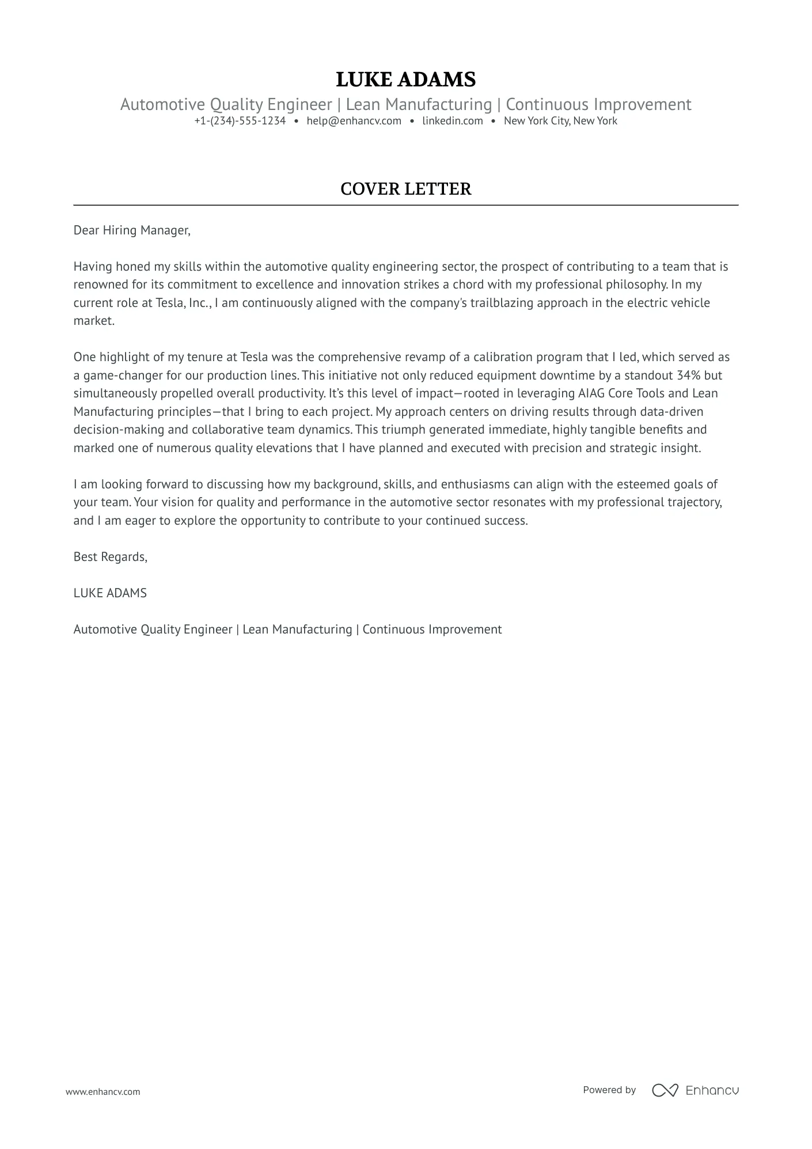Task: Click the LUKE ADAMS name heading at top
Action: tap(405, 79)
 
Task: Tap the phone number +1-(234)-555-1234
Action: tap(240, 121)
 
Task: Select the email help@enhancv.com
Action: tap(354, 121)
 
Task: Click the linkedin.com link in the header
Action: tap(452, 121)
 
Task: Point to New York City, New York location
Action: tap(560, 121)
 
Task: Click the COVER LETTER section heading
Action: tap(405, 189)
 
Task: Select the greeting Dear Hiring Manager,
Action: tap(132, 230)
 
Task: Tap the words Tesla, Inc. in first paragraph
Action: tap(183, 303)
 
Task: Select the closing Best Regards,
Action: tap(111, 557)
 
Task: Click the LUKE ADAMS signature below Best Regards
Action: tap(110, 593)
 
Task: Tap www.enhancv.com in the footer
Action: tap(103, 1091)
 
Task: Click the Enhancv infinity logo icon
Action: tap(665, 1090)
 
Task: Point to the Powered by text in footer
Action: tap(609, 1090)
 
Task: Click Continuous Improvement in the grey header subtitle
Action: tap(598, 105)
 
